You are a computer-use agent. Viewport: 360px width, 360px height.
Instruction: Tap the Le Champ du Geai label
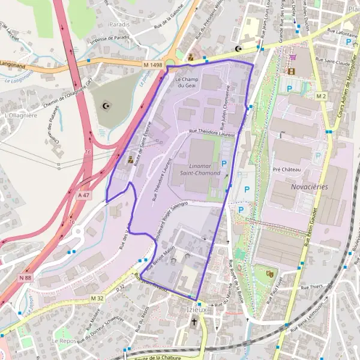pos(185,82)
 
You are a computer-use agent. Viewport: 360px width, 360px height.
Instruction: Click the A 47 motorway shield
pos(83,195)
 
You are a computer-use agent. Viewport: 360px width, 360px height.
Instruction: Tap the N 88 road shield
pos(25,277)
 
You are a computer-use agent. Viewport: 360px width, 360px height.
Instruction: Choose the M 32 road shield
pos(97,298)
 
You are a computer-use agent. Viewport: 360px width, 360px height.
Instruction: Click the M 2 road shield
pos(321,96)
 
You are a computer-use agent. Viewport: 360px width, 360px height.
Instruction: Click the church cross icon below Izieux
pos(194,322)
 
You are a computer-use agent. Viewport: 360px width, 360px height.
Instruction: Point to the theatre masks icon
pos(270,274)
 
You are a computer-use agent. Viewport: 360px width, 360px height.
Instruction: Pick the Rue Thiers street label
pos(311,287)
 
